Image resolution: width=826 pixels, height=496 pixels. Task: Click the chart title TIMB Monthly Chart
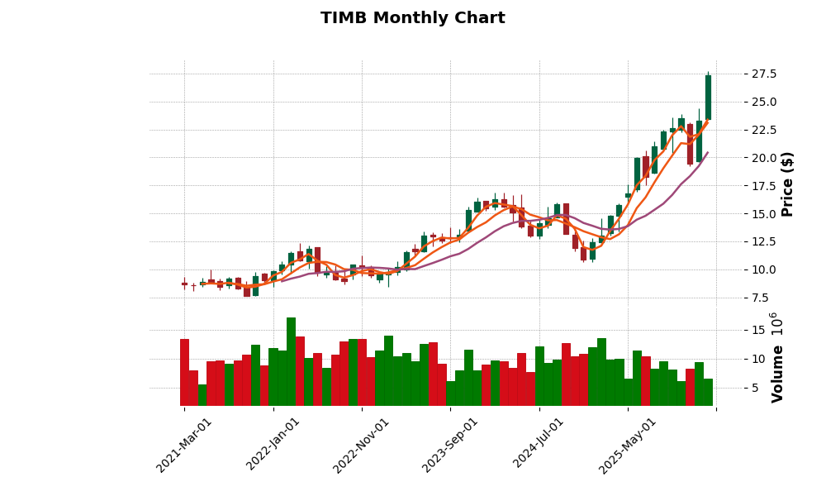click(x=412, y=18)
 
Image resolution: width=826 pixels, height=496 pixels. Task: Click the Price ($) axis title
click(x=787, y=184)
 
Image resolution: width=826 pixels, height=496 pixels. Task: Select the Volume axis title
click(x=777, y=357)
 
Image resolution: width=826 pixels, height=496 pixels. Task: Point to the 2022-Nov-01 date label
click(x=361, y=445)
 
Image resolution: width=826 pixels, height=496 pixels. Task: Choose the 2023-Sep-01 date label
click(x=450, y=445)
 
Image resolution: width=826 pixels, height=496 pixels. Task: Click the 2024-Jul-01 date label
click(x=539, y=445)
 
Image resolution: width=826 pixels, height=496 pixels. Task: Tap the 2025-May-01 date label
click(x=628, y=445)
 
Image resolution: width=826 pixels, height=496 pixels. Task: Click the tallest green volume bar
click(x=291, y=361)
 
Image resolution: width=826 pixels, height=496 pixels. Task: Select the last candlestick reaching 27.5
click(x=708, y=98)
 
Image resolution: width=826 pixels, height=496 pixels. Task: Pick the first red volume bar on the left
click(x=184, y=372)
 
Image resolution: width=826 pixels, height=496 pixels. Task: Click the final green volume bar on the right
click(x=708, y=392)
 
